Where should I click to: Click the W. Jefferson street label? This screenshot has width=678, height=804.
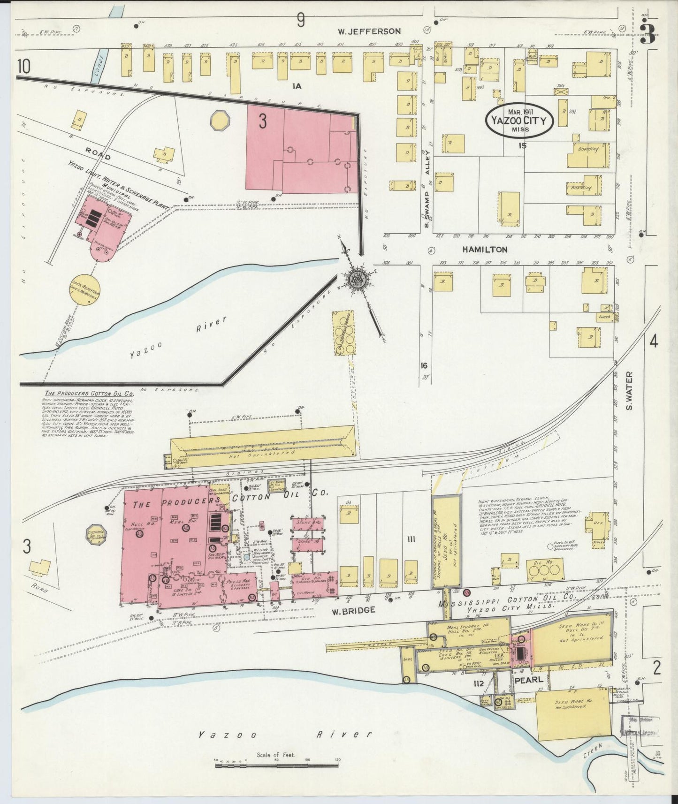(x=370, y=31)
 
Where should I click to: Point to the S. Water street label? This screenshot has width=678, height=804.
(x=630, y=390)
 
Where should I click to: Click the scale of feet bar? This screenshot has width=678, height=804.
(x=277, y=765)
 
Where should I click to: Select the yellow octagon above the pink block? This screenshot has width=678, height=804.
(x=221, y=121)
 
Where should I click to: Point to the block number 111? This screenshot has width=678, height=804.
(x=411, y=539)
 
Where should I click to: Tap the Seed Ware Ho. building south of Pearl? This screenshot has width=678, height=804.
(x=572, y=707)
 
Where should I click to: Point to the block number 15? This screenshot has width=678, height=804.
(x=522, y=145)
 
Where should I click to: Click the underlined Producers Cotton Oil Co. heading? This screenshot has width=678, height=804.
(x=88, y=394)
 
